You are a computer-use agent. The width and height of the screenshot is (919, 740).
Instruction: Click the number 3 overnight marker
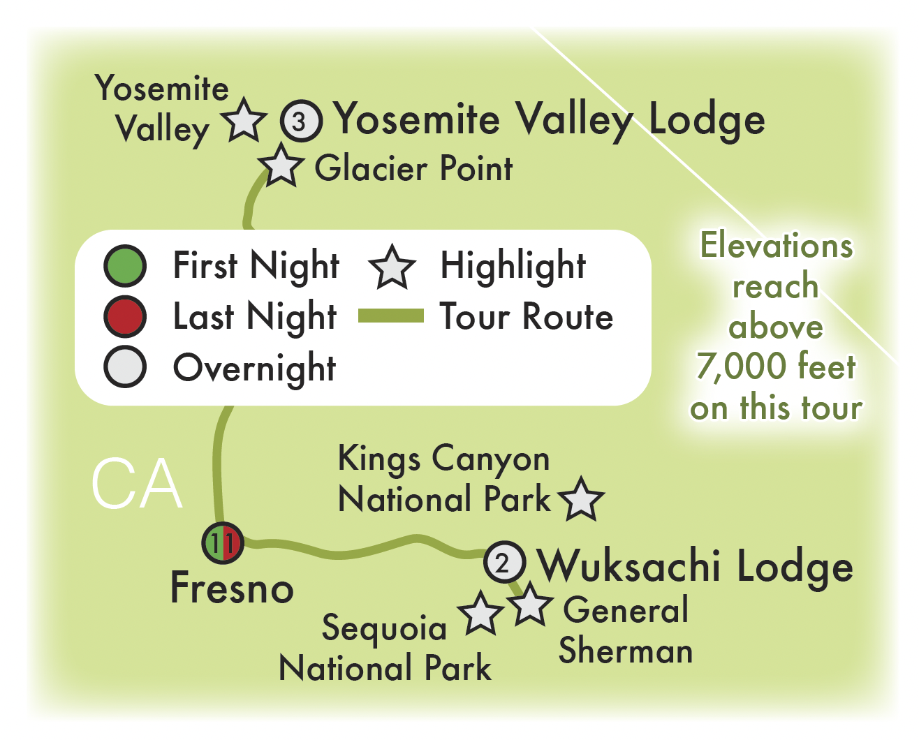[301, 121]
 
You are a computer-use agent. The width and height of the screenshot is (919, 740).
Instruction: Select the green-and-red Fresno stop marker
[223, 542]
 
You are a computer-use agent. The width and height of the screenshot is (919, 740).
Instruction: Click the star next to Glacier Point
[281, 167]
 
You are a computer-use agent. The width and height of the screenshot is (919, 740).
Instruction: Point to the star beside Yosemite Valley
[244, 121]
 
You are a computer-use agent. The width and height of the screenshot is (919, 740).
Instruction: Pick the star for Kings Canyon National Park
[581, 499]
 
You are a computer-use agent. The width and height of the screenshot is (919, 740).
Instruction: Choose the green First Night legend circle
[125, 266]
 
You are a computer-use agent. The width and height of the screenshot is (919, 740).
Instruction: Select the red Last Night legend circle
[125, 317]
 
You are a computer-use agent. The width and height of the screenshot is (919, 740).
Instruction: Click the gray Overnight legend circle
[125, 367]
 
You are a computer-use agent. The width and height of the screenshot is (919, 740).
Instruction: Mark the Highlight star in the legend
[392, 267]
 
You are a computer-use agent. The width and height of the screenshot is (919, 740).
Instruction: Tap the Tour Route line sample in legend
[390, 317]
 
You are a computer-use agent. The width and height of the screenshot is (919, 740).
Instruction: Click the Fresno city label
[232, 588]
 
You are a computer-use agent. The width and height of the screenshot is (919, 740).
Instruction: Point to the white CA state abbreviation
[137, 484]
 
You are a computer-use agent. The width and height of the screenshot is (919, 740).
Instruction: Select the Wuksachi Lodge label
[696, 565]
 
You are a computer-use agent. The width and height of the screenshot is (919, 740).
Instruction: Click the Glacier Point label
[413, 168]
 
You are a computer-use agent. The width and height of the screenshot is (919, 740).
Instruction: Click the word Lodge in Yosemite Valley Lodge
[707, 120]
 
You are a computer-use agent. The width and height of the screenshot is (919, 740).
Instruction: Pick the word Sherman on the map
[626, 651]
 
